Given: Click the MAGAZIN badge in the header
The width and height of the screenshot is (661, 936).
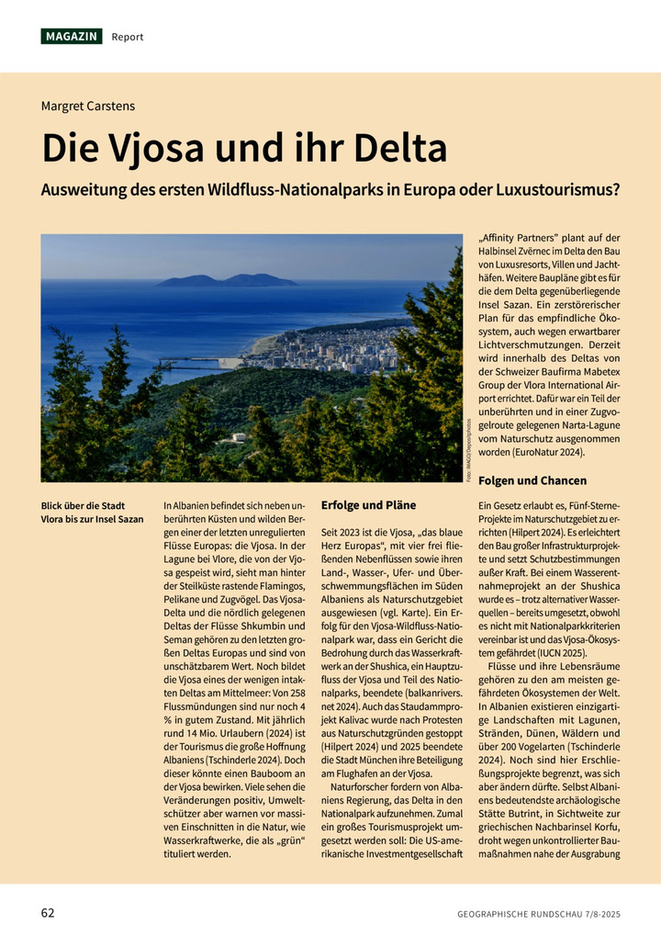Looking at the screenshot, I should point(72,37).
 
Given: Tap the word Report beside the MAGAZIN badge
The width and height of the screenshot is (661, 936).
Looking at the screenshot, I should point(128,37).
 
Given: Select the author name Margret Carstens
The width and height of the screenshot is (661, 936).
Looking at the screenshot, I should point(88,106).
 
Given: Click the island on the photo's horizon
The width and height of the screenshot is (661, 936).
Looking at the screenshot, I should point(227,280).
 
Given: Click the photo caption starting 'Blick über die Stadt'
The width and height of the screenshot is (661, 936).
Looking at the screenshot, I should point(92,513).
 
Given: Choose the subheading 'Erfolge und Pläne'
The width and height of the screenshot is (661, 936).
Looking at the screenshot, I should point(368,505).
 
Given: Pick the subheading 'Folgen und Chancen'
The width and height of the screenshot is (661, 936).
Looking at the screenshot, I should point(532,480).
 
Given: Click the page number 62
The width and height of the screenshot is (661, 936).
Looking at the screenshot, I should point(49,913).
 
